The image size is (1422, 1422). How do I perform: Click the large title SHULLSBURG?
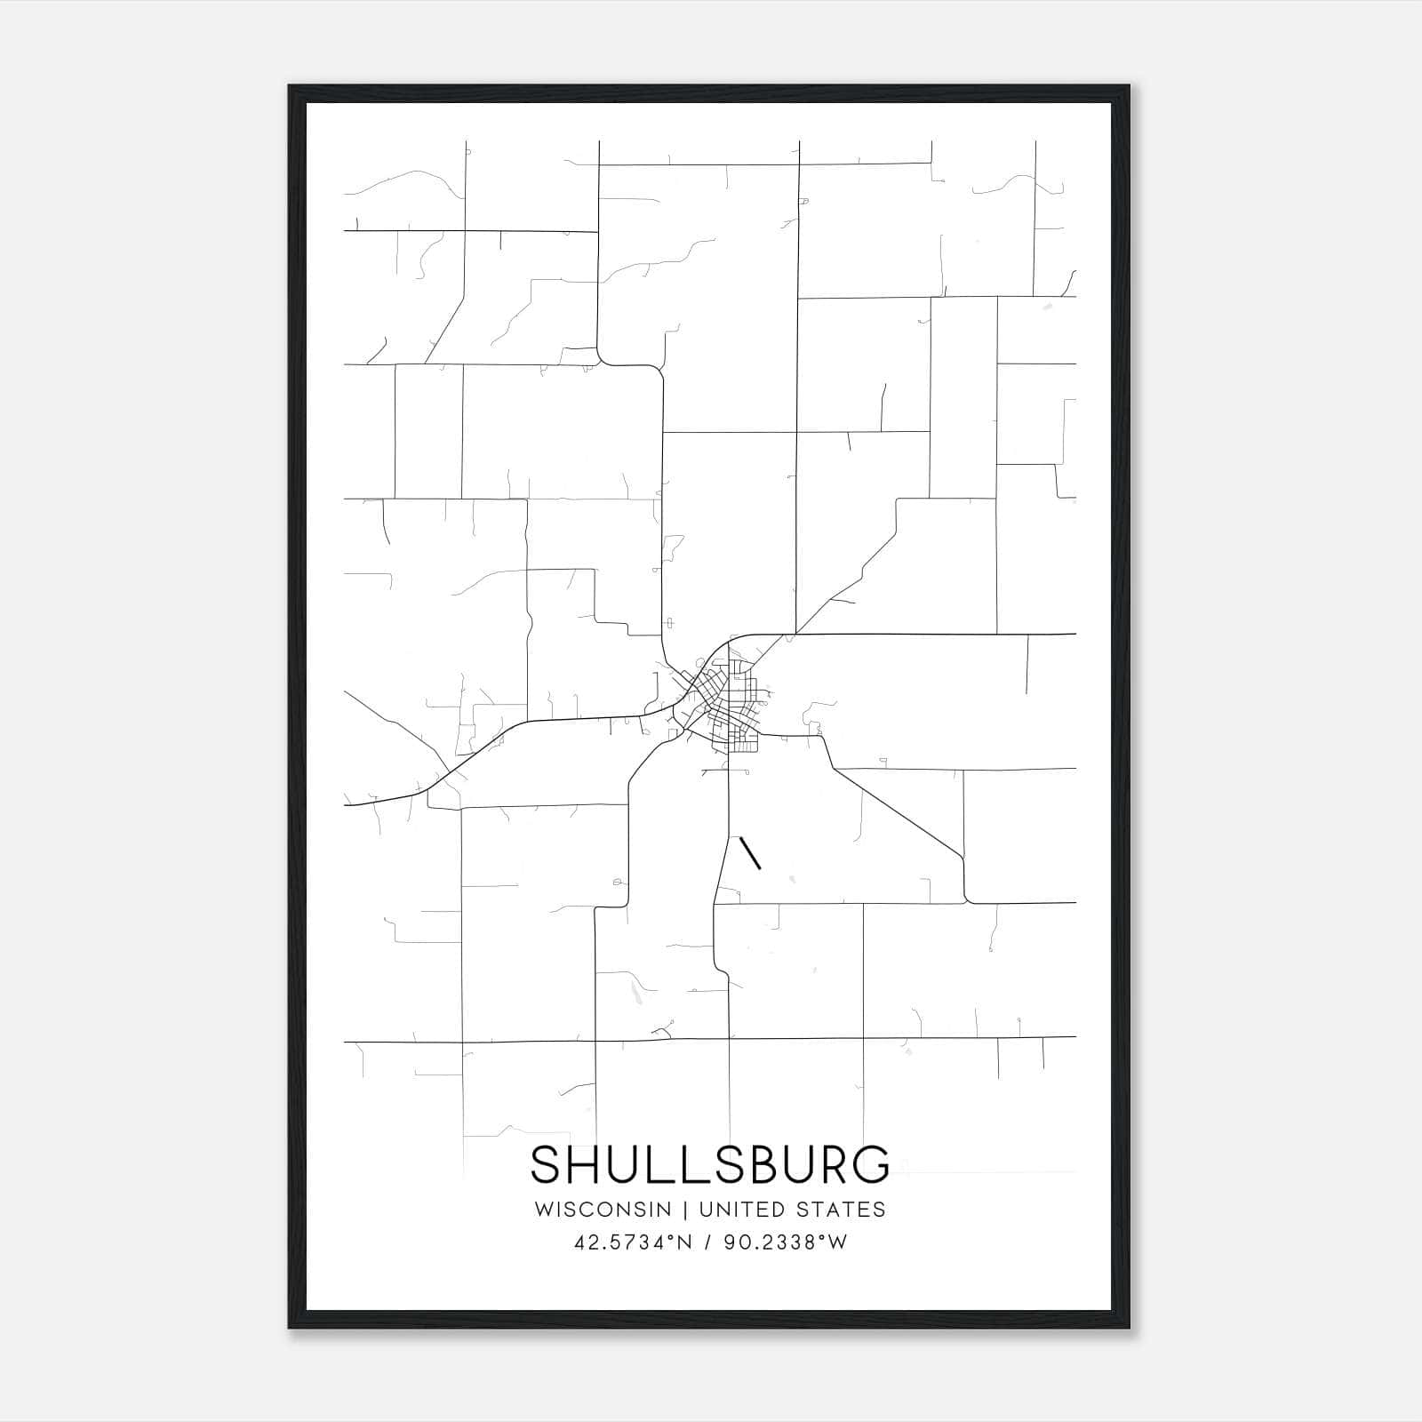click(710, 1165)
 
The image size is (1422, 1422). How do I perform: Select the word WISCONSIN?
click(602, 1210)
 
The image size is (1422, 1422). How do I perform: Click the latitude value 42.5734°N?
click(632, 1242)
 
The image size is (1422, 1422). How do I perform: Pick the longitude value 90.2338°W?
click(786, 1242)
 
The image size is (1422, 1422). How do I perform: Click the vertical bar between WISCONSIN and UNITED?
click(685, 1210)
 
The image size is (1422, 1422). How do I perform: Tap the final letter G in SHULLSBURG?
click(869, 1165)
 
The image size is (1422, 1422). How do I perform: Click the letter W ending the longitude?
click(837, 1242)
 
